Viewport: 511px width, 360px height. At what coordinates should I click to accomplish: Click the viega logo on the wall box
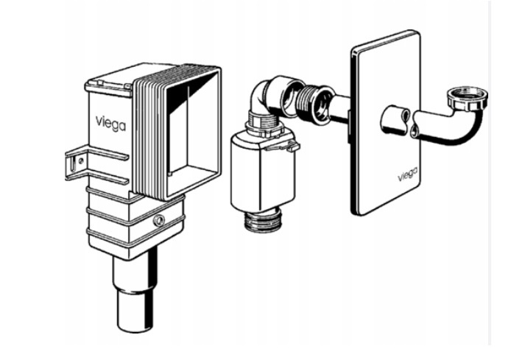coord(110,124)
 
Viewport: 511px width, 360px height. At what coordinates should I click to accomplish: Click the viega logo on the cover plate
coord(408,175)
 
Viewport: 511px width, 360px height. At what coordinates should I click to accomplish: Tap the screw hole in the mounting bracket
coord(80,160)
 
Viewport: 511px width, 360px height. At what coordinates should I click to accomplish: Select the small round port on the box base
coord(159,221)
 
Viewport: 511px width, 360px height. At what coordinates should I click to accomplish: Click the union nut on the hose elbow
coord(468,98)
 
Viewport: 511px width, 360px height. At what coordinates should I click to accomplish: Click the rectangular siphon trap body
coord(263,173)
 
